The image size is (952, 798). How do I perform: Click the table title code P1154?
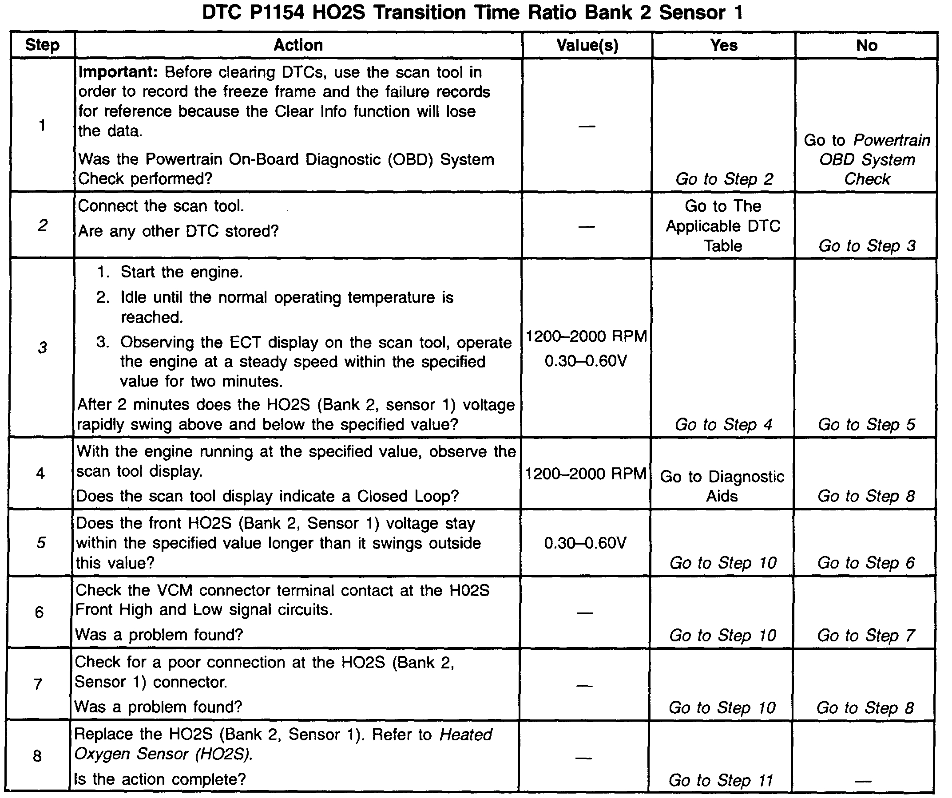[277, 13]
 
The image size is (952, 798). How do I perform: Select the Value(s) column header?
[587, 45]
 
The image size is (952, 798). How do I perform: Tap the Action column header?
[298, 45]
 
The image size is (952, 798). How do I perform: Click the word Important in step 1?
[117, 72]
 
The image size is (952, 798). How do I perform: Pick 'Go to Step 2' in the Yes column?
[724, 179]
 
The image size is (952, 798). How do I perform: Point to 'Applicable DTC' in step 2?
[723, 225]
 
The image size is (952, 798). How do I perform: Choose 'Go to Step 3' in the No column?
[867, 246]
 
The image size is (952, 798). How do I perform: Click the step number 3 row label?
[42, 348]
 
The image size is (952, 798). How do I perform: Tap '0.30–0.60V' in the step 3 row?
[586, 361]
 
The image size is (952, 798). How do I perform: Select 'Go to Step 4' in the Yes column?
[723, 425]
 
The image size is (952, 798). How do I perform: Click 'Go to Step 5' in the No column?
[866, 425]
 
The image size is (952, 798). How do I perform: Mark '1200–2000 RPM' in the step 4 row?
[586, 474]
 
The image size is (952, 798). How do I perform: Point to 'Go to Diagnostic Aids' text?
[722, 486]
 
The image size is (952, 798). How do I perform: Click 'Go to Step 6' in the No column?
[866, 563]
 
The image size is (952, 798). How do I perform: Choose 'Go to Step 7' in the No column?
[866, 635]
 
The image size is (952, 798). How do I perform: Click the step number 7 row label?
[38, 684]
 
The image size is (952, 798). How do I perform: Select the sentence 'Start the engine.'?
[181, 272]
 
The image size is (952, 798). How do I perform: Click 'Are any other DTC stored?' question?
[178, 232]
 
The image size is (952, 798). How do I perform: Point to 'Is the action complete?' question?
[159, 779]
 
